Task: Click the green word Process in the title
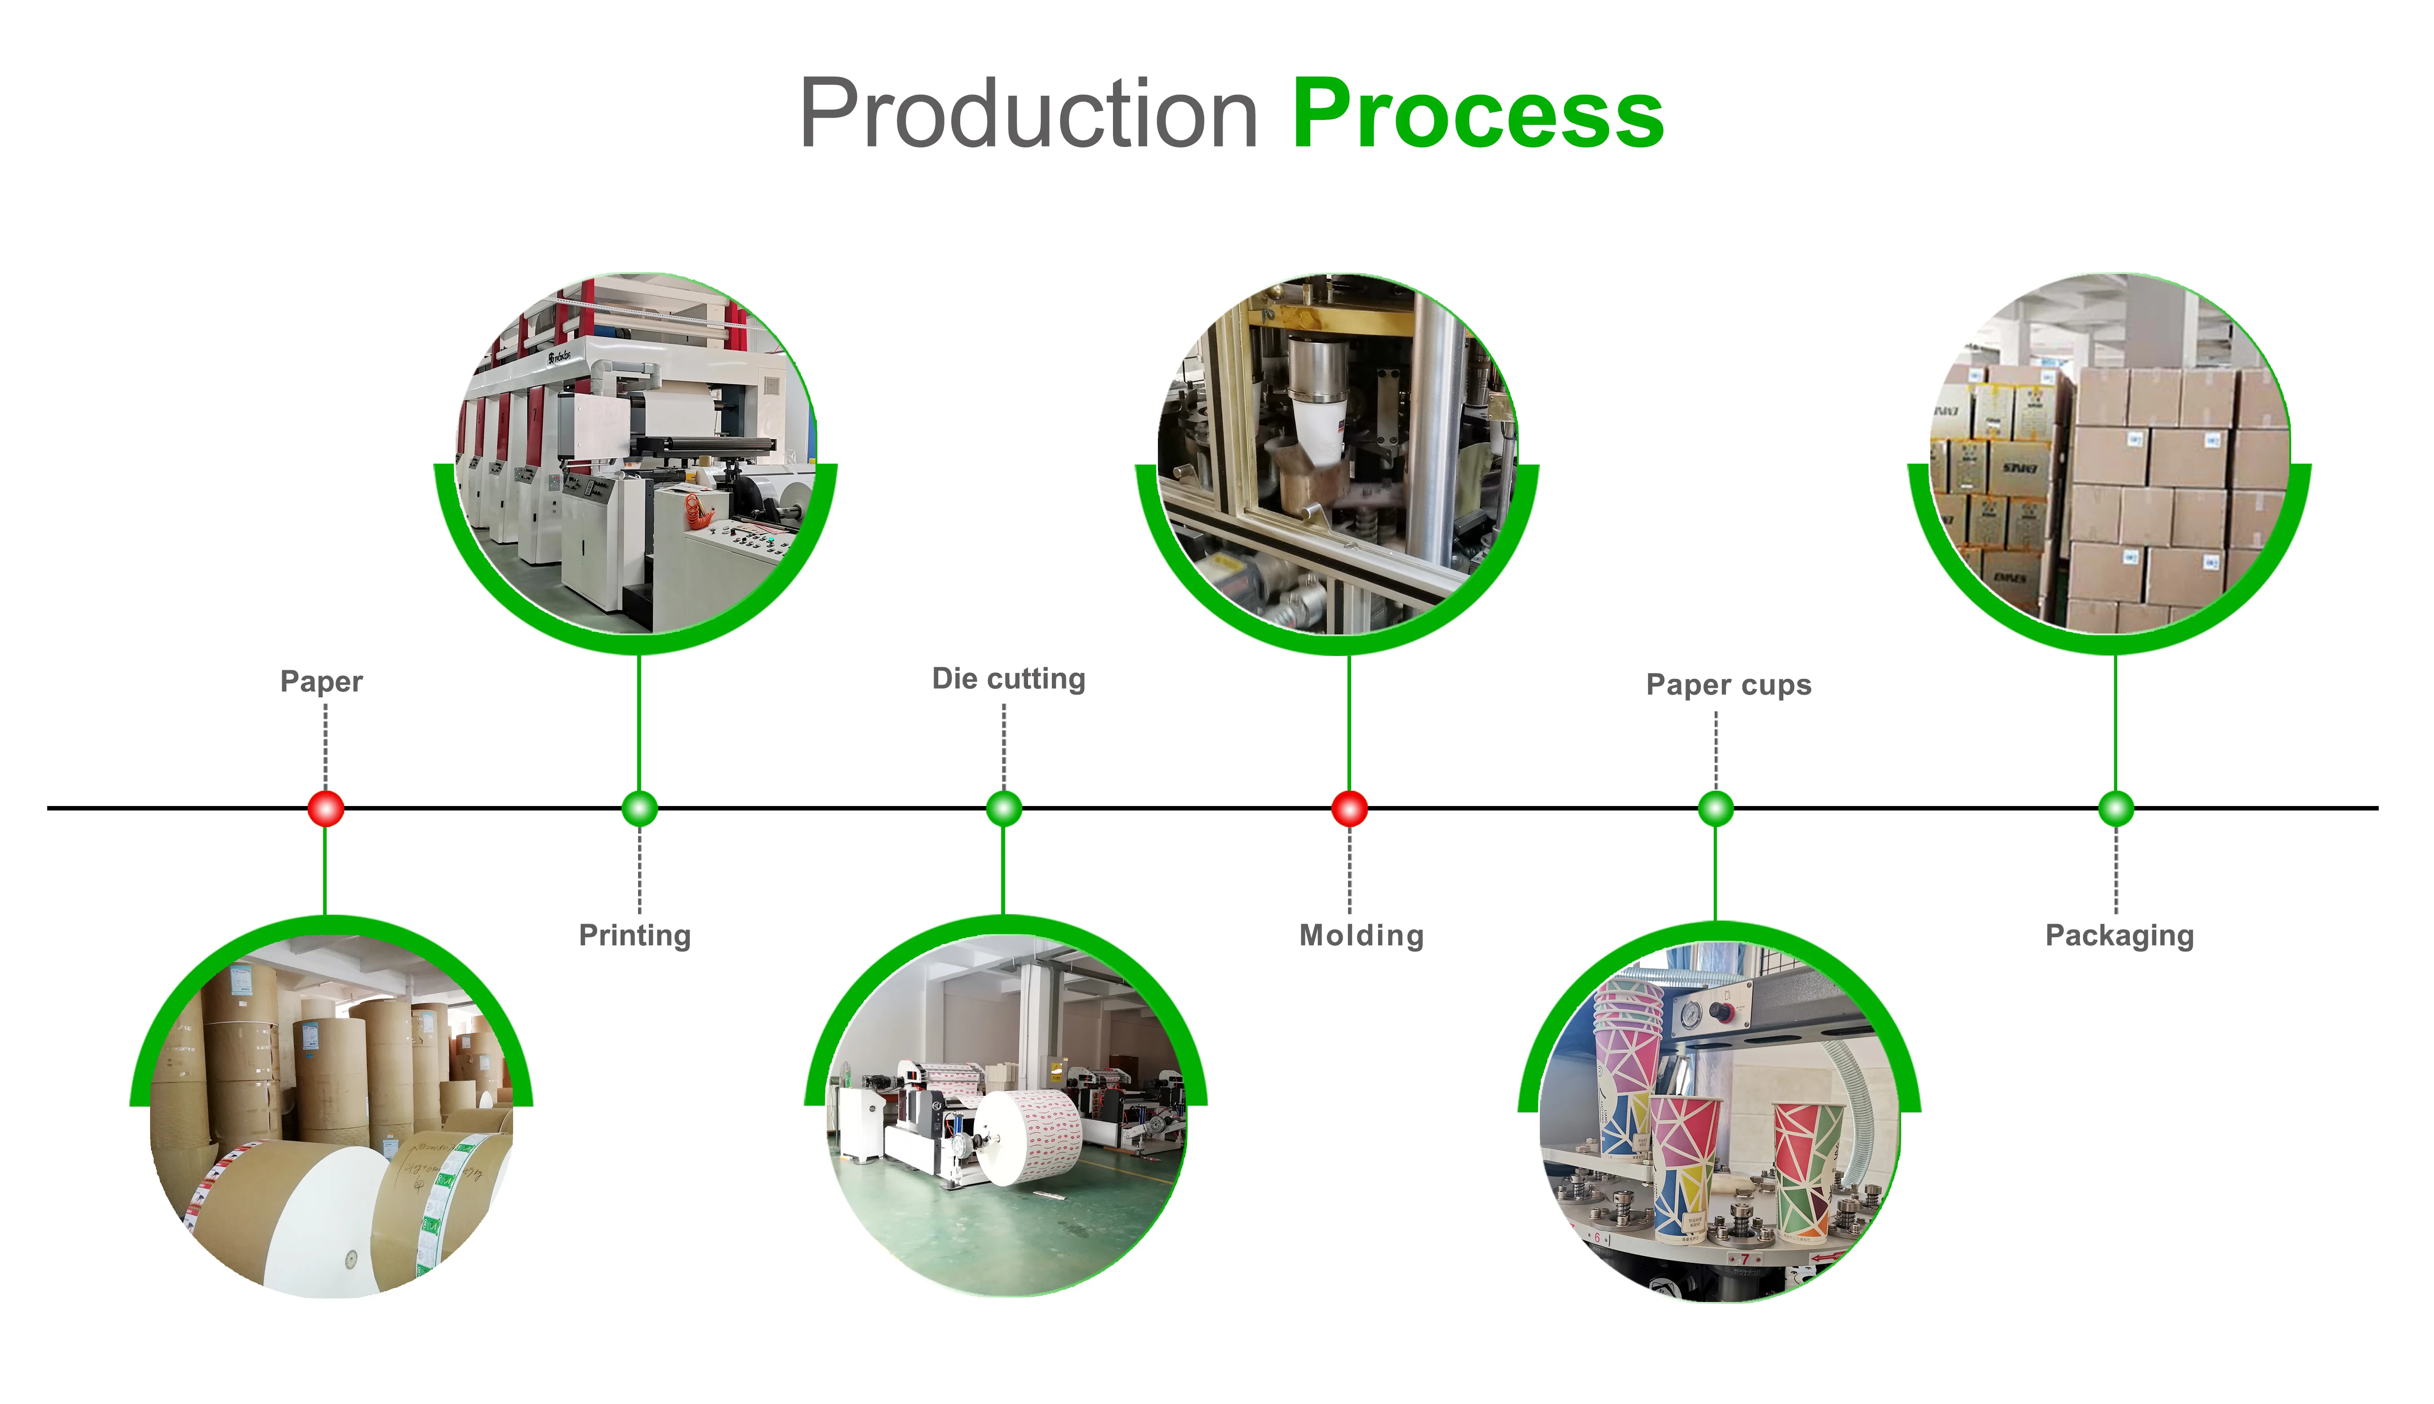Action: pyautogui.click(x=1477, y=116)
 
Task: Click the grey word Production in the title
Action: pyautogui.click(x=1028, y=116)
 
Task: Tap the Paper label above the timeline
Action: pyautogui.click(x=321, y=682)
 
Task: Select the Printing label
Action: pyautogui.click(x=634, y=935)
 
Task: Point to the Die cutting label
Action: pyautogui.click(x=1008, y=679)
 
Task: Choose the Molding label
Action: pyautogui.click(x=1361, y=935)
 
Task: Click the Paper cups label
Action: pyautogui.click(x=1728, y=685)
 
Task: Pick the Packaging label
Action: pyautogui.click(x=2119, y=935)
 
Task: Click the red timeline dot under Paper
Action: pyautogui.click(x=326, y=808)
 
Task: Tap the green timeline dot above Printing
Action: pyautogui.click(x=639, y=808)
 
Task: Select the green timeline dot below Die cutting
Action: pyautogui.click(x=1004, y=808)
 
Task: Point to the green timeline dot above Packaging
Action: pyautogui.click(x=2116, y=808)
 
